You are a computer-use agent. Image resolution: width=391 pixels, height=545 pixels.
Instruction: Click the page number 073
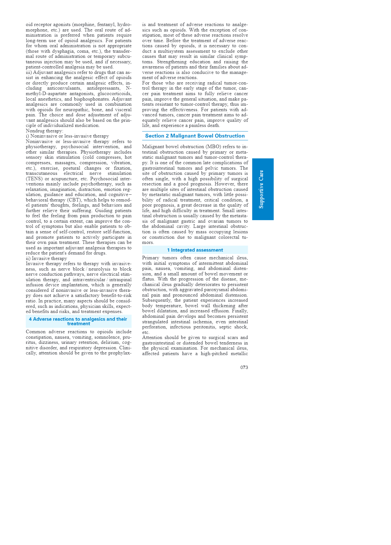click(244, 367)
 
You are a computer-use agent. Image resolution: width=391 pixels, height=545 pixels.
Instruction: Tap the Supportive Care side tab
click(263, 189)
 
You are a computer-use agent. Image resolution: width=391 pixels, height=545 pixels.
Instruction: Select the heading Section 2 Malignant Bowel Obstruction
click(195, 136)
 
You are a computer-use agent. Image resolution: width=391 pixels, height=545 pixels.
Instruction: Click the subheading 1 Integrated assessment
click(195, 250)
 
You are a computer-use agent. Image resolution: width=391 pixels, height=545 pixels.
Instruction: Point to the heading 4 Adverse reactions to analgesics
click(78, 321)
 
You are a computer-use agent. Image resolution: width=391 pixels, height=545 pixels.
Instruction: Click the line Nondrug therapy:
click(45, 131)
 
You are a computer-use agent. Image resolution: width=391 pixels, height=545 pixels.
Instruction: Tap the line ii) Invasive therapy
click(47, 258)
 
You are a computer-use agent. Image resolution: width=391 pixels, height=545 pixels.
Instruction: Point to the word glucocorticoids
click(114, 94)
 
